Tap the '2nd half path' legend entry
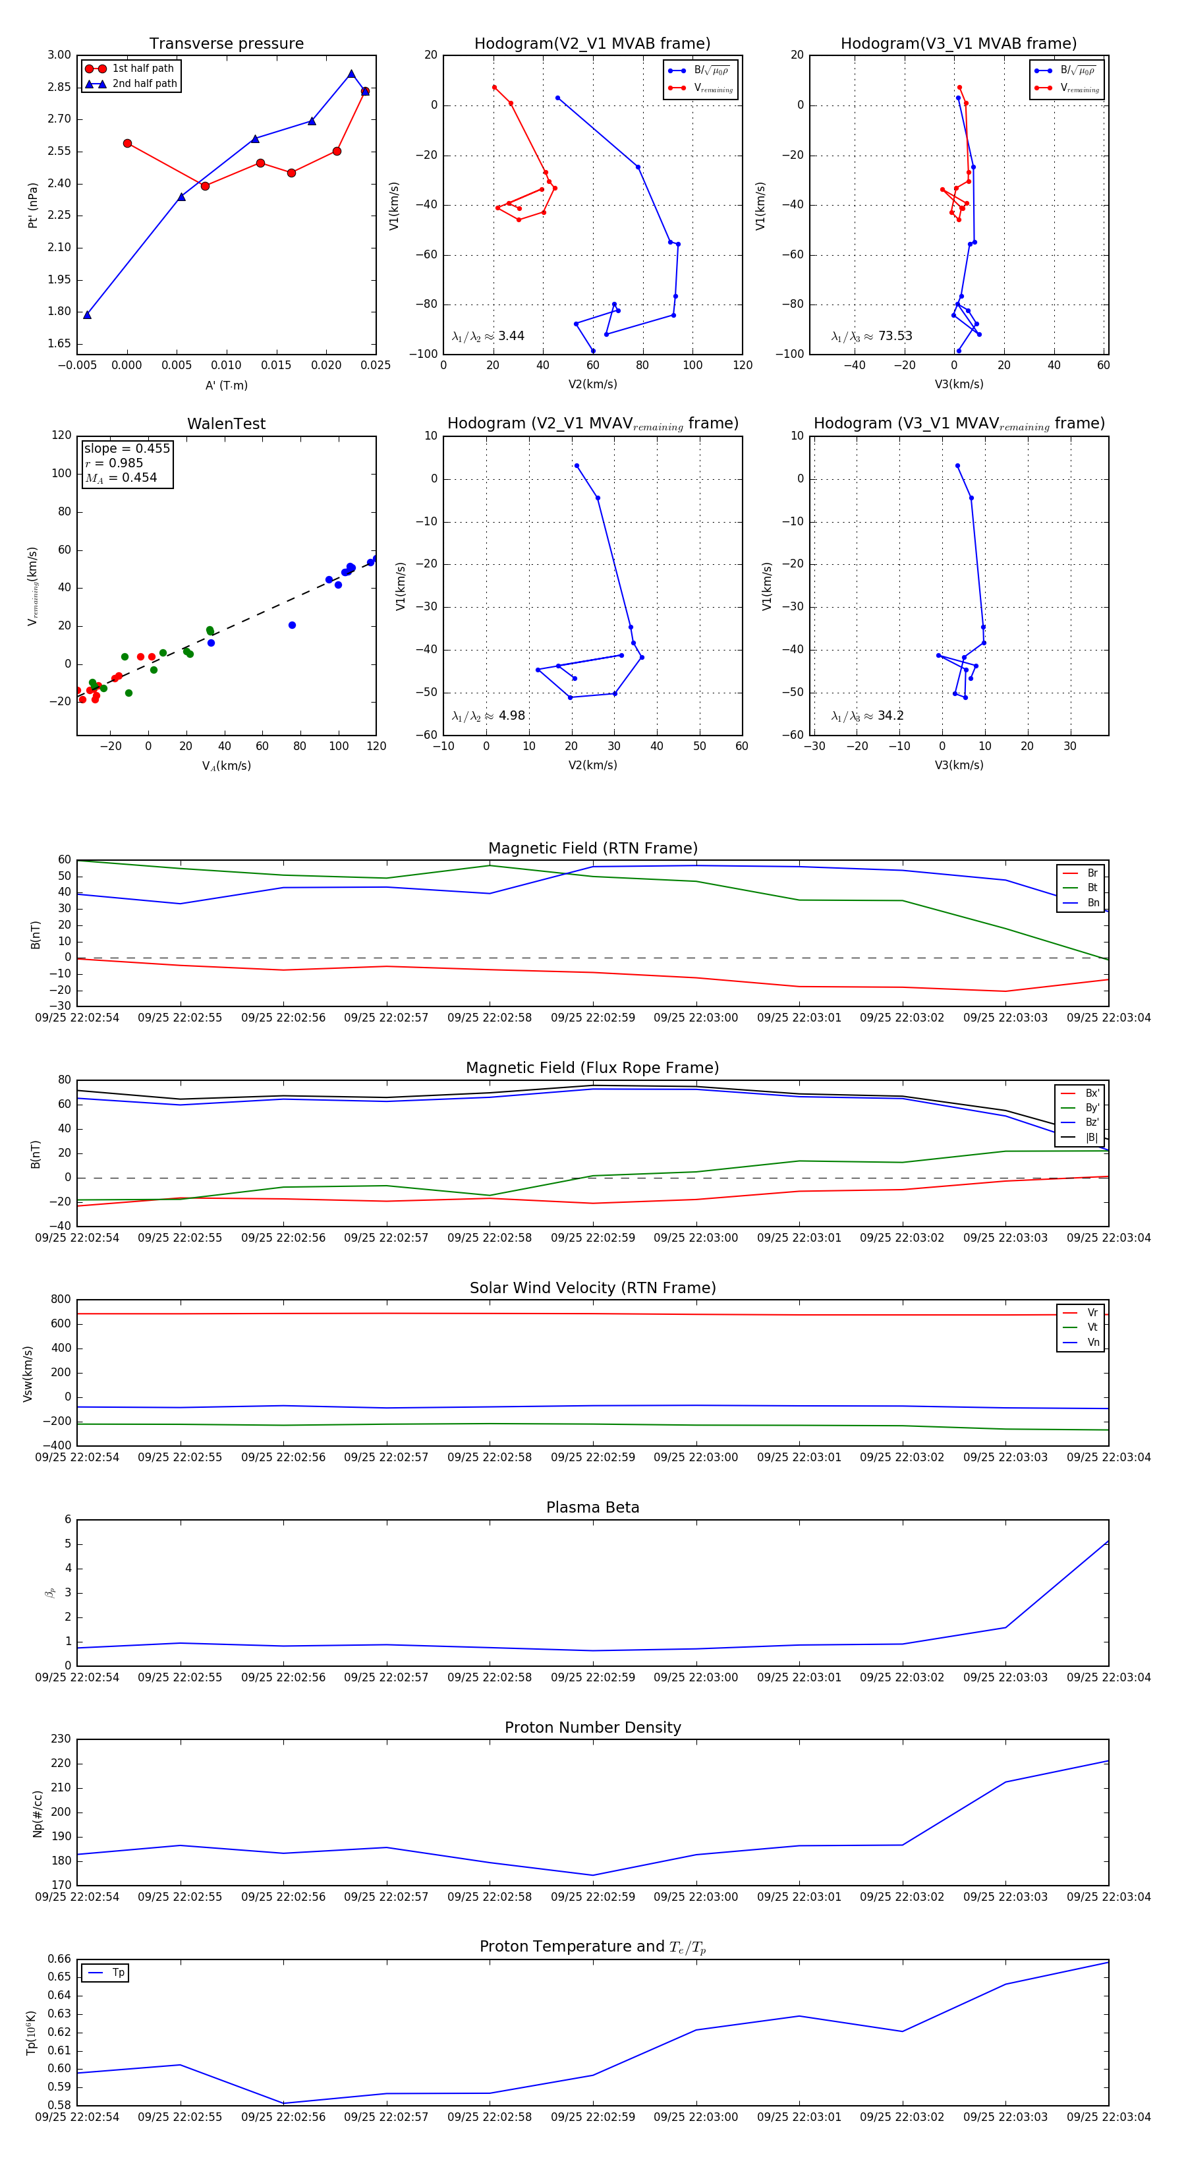tap(144, 84)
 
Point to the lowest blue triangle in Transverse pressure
tap(87, 315)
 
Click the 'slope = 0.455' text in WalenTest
tap(127, 448)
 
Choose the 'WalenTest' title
tap(226, 424)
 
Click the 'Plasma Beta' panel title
tap(592, 1508)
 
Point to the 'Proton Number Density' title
tap(592, 1727)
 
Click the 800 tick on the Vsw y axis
tap(60, 1300)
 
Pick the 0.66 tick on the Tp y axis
tap(59, 1959)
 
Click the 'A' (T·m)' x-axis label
tap(226, 386)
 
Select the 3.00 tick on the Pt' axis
tap(59, 55)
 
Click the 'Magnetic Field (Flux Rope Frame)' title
tap(592, 1068)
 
